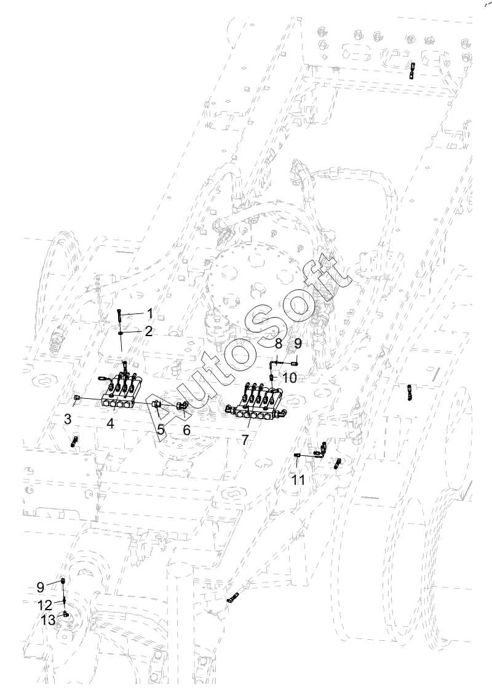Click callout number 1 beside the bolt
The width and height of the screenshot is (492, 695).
149,313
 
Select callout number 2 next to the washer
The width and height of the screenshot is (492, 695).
148,331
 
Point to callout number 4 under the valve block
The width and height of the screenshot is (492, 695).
111,423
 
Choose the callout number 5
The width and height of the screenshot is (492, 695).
161,430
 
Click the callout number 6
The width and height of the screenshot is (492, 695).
187,430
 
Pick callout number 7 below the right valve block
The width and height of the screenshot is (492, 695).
245,440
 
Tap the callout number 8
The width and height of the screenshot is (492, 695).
278,344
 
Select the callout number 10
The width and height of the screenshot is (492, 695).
290,377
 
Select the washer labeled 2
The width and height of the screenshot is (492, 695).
121,332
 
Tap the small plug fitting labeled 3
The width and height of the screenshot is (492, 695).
76,399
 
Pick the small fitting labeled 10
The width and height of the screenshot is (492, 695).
272,376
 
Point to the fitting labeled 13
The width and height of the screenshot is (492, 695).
65,613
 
